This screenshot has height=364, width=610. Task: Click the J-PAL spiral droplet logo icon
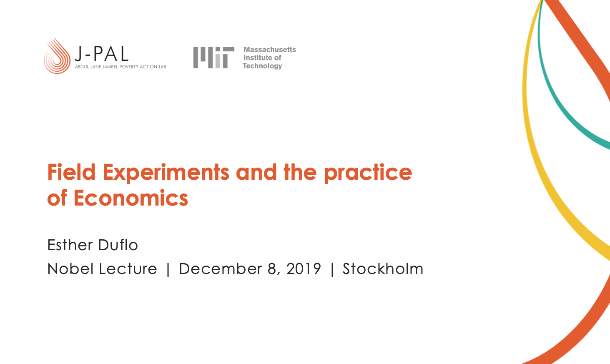click(x=57, y=56)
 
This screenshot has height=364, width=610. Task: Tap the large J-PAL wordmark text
click(x=101, y=54)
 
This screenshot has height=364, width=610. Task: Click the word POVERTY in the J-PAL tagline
click(x=129, y=67)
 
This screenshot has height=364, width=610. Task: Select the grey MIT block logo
click(x=214, y=58)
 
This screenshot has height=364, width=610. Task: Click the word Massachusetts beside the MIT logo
click(x=270, y=50)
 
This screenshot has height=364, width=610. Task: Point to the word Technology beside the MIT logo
click(x=262, y=66)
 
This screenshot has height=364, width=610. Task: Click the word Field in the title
click(x=71, y=172)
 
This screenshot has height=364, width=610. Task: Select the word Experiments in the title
click(x=166, y=173)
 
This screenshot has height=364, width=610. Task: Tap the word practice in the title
click(x=368, y=173)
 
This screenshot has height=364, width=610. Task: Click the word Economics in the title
click(x=131, y=198)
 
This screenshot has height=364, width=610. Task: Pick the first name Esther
click(x=70, y=245)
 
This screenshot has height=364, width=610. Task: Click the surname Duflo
click(x=118, y=245)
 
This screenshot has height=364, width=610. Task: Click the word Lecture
click(x=128, y=269)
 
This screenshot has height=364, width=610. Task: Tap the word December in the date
click(x=221, y=269)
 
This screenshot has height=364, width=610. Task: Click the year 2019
click(x=304, y=269)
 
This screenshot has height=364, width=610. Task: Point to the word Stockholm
click(x=383, y=269)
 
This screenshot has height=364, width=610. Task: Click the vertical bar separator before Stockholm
click(x=332, y=269)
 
